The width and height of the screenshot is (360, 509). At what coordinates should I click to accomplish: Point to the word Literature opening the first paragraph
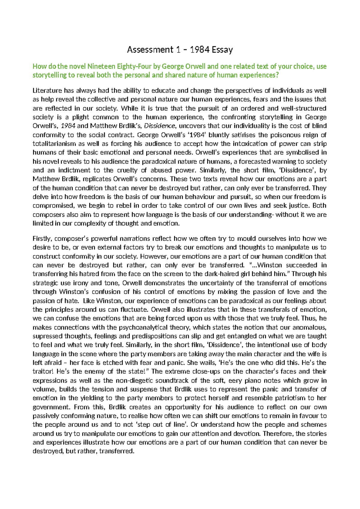(x=47, y=91)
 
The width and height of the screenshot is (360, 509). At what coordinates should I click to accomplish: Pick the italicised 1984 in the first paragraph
(x=68, y=126)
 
